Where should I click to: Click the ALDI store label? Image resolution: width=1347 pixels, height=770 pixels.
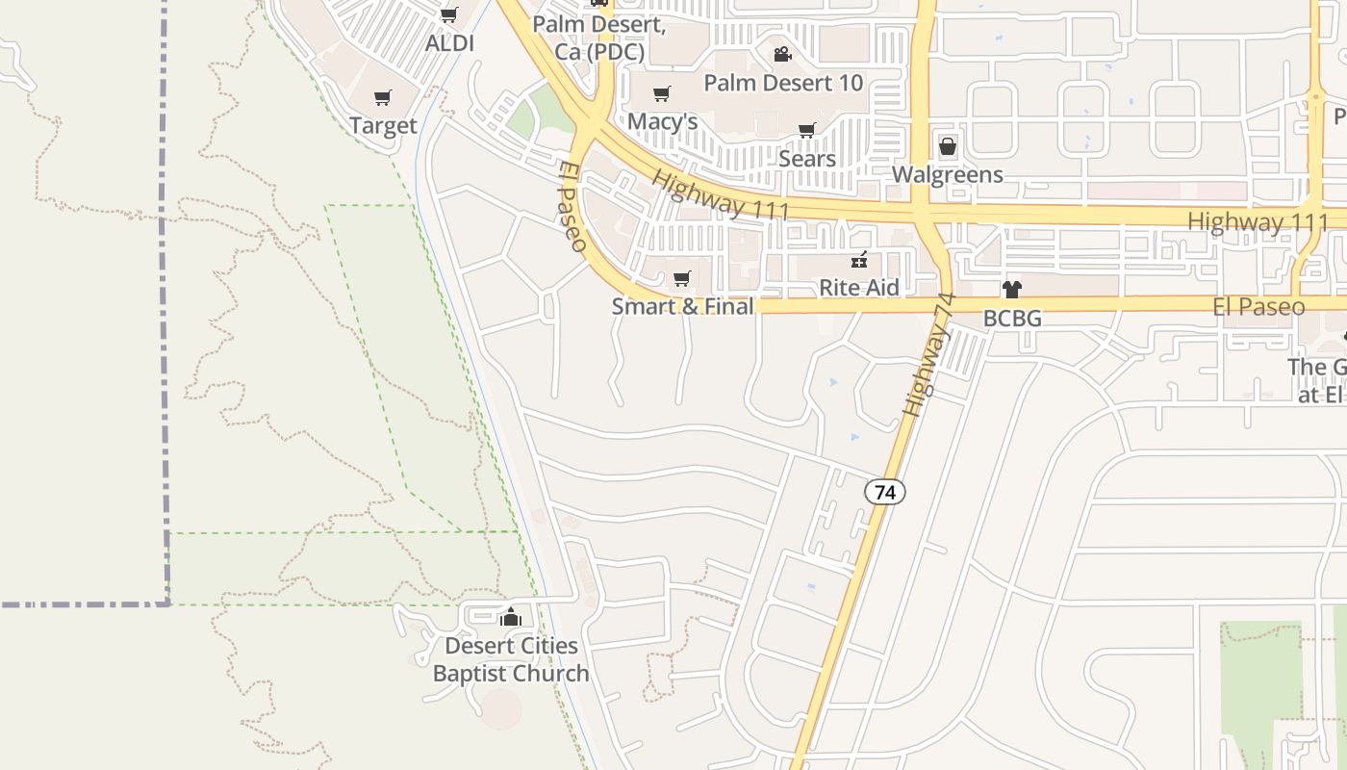449,43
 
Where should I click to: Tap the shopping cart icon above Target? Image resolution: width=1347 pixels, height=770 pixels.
383,97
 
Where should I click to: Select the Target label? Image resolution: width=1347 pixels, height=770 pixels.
383,126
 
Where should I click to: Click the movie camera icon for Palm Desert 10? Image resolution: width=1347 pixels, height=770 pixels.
782,54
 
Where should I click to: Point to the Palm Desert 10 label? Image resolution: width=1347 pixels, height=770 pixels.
783,83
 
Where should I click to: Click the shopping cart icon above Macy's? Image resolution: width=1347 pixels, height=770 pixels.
661,93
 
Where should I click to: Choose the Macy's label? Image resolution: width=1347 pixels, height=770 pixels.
662,122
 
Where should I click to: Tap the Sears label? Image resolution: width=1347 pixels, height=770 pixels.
806,158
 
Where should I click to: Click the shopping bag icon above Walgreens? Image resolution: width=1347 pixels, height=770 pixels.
948,146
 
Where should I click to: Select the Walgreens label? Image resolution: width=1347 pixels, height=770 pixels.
948,175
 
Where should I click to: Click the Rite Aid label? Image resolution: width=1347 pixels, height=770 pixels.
859,288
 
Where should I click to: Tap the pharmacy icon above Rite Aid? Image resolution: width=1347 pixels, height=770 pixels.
859,260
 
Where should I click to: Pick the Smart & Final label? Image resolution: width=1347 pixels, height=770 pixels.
682,307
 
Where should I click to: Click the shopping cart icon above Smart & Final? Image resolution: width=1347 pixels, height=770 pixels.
682,279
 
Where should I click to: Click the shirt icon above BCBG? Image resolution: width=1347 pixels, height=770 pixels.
1011,289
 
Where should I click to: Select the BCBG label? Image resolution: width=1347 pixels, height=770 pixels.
1012,318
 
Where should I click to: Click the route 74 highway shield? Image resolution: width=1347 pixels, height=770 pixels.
885,492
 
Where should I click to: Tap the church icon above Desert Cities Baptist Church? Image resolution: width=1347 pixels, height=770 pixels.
511,617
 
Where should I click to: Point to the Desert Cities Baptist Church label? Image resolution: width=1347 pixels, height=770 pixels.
511,659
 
